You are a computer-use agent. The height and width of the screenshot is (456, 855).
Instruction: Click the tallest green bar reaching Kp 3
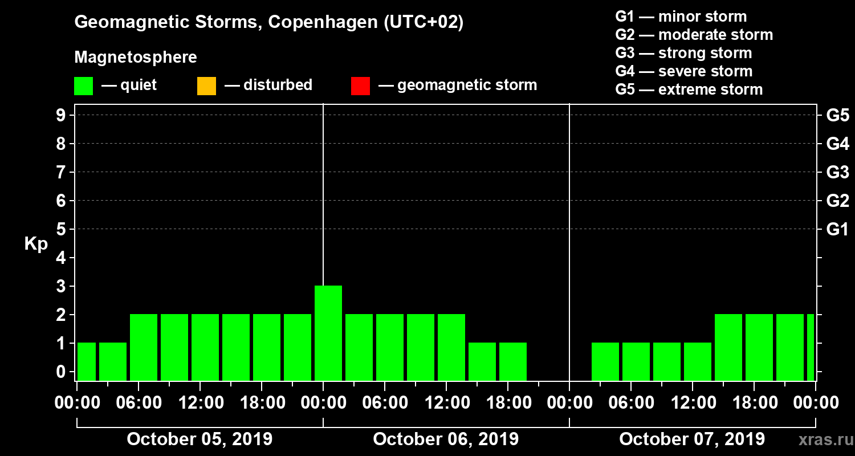tap(328, 333)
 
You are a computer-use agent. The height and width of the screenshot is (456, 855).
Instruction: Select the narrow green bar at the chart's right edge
tap(810, 347)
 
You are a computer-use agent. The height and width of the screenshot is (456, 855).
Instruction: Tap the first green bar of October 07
tap(605, 361)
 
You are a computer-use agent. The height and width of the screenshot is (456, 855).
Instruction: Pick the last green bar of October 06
tap(513, 361)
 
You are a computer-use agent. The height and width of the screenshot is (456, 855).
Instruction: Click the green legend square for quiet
tap(83, 86)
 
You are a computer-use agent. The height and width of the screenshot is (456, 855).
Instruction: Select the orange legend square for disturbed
tap(206, 86)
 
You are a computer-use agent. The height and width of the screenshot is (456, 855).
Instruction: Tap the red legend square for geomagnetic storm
tap(360, 86)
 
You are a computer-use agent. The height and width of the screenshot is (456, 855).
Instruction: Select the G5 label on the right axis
tap(837, 116)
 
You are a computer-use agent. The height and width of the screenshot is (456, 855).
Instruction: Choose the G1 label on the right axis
tap(837, 230)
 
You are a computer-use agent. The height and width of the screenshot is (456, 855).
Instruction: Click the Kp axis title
tap(36, 244)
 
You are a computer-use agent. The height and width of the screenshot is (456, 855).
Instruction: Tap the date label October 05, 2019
tap(199, 439)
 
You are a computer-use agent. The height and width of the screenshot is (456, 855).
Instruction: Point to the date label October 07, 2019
tap(692, 439)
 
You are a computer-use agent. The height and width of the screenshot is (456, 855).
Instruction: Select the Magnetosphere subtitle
tap(136, 58)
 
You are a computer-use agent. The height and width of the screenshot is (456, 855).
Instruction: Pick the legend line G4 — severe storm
tap(683, 71)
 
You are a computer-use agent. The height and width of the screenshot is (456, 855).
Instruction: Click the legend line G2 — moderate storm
tap(694, 35)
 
